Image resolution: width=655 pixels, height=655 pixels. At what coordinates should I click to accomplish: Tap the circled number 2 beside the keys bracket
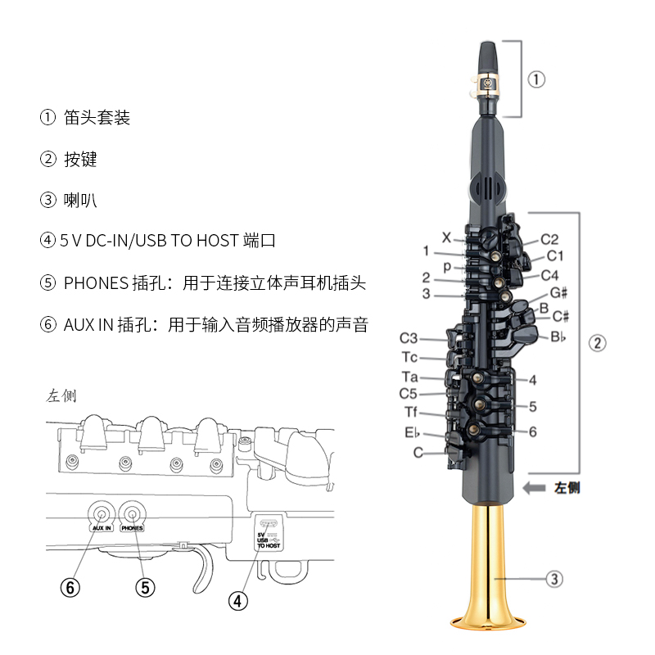(x=599, y=343)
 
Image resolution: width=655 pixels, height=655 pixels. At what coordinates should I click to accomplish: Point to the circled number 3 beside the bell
(x=554, y=579)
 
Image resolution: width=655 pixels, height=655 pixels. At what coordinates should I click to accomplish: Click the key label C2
(x=549, y=240)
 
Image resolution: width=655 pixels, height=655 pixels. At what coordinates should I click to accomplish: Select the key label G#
(x=559, y=292)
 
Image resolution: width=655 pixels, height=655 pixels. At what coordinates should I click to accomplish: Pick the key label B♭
(x=558, y=336)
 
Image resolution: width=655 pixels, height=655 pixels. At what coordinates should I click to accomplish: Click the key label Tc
(x=410, y=357)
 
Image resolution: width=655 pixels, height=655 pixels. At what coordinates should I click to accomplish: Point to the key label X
(x=446, y=237)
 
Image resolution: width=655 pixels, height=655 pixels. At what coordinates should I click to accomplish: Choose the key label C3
(x=409, y=338)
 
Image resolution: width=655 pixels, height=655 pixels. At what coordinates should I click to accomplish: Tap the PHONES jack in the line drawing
(x=131, y=513)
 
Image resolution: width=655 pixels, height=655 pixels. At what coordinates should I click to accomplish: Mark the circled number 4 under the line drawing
(x=237, y=600)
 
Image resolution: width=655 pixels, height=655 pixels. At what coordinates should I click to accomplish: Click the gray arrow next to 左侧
(x=536, y=488)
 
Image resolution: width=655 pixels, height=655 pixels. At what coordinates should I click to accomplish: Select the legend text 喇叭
(x=80, y=200)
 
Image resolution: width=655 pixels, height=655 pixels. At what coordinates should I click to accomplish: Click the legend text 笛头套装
(x=97, y=117)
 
